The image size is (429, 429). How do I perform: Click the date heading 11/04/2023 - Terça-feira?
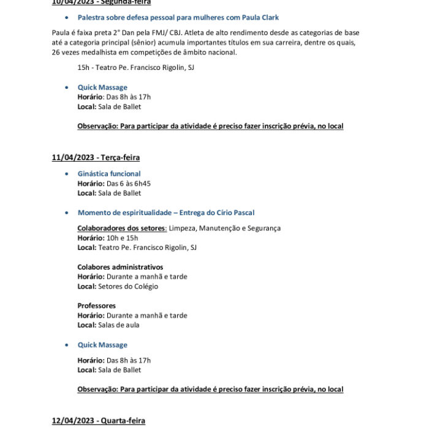(96, 158)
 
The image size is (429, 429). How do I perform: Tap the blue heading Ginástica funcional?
(109, 174)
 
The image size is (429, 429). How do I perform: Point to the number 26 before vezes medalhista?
(56, 53)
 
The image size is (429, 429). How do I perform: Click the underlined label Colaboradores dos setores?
(121, 229)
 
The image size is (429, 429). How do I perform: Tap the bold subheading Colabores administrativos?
(120, 267)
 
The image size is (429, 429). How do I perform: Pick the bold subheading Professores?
(96, 306)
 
